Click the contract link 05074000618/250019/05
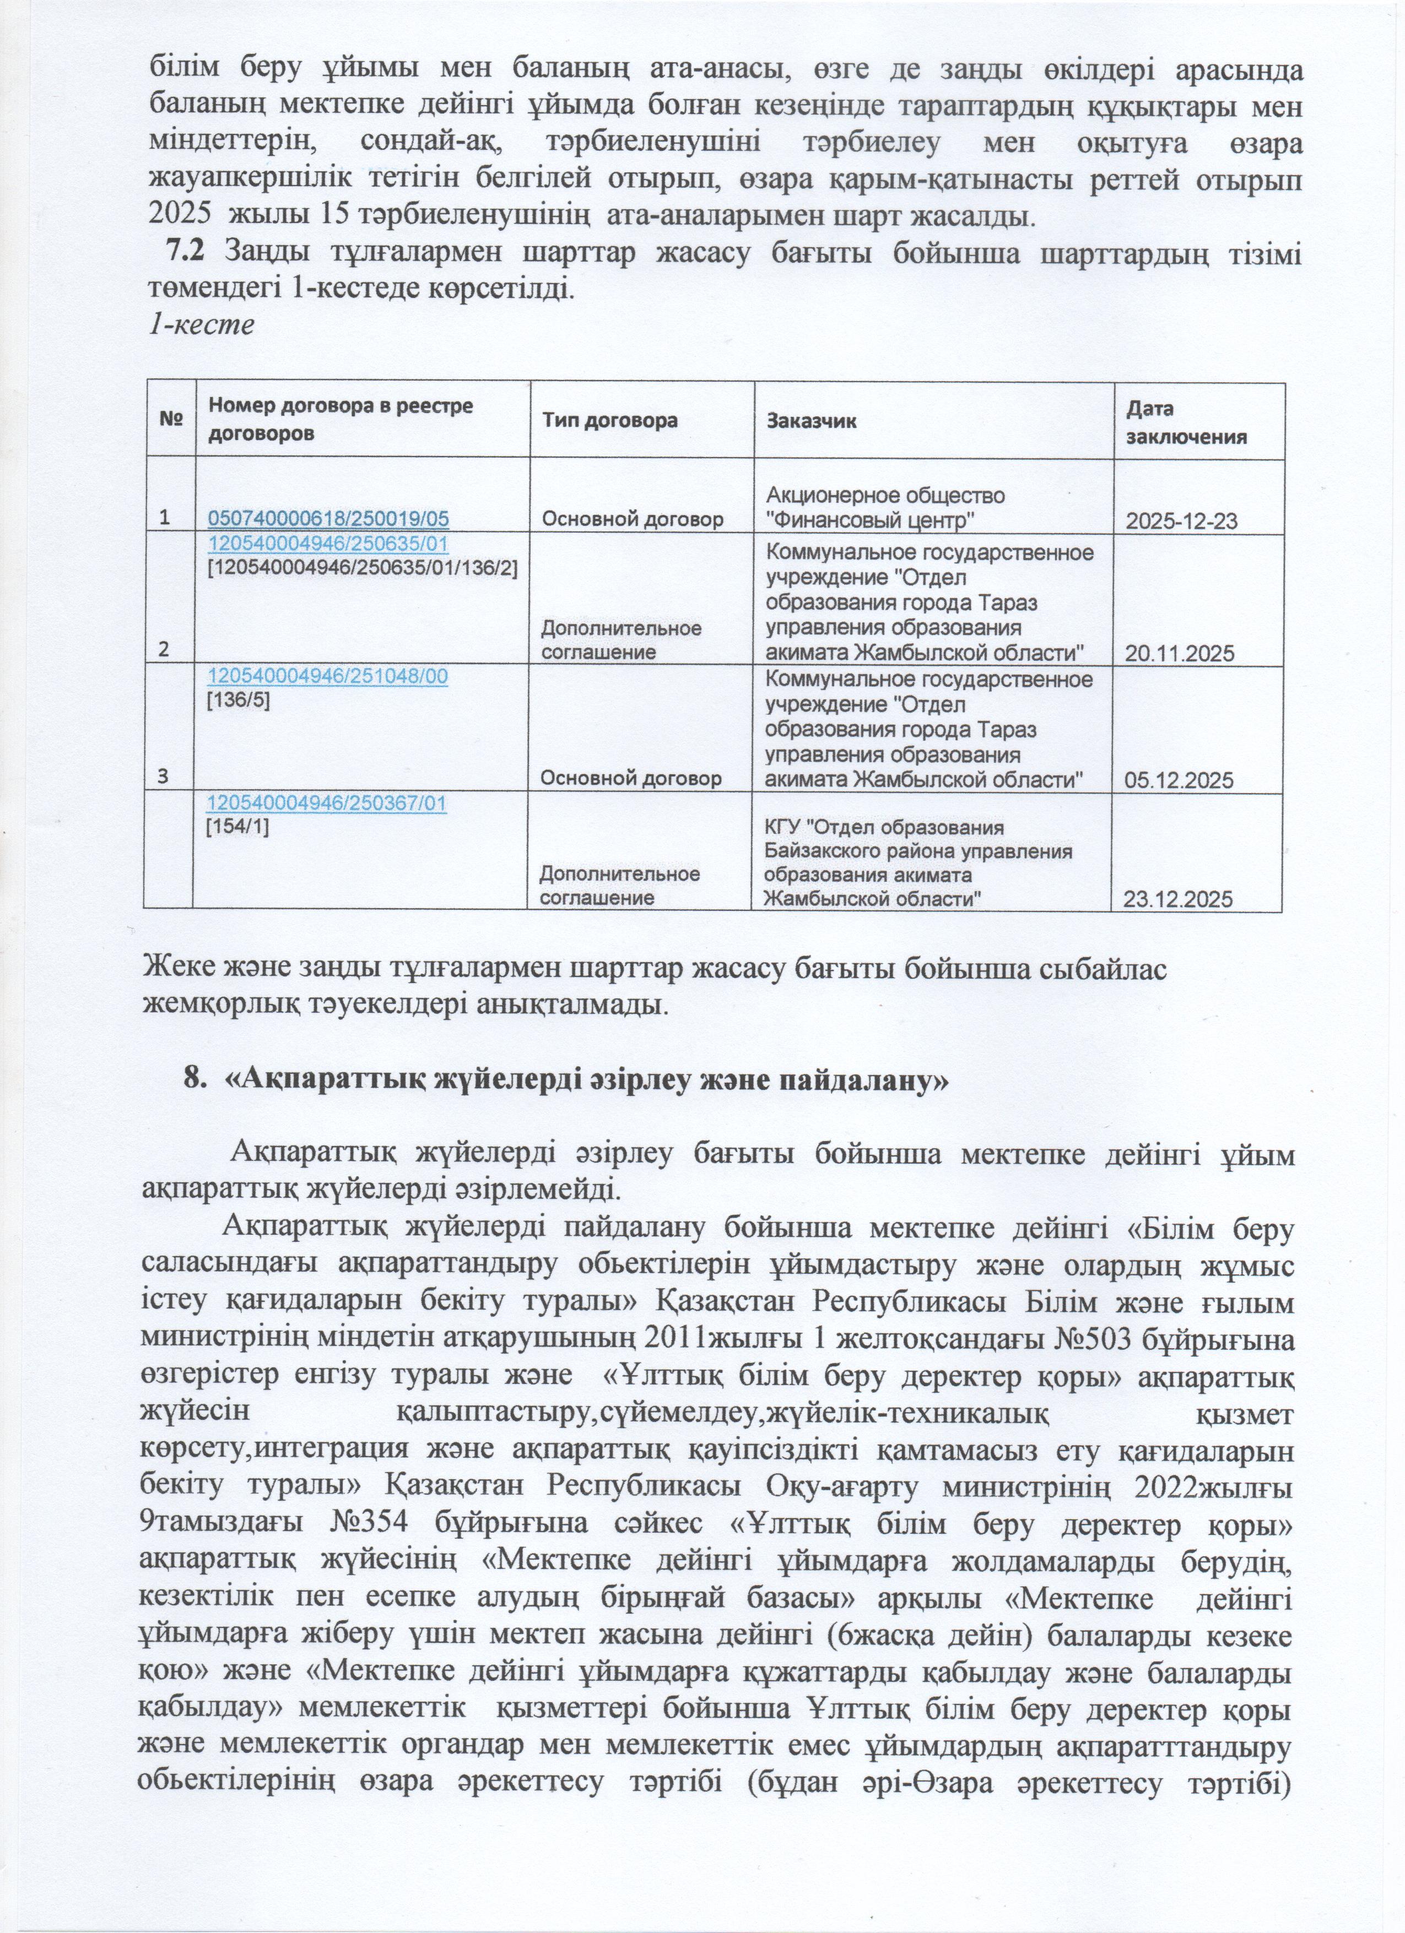coord(329,519)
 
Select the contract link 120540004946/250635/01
coord(329,544)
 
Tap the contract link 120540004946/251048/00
coord(329,676)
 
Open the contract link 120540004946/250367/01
coord(329,803)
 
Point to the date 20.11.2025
coord(1180,654)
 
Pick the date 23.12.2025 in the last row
coord(1180,899)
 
